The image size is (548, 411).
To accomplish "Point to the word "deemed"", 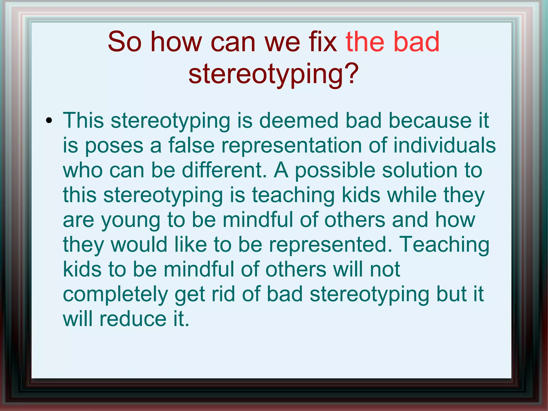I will (299, 120).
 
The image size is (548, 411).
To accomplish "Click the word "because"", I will (430, 120).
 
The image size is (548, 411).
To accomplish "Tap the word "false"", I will (191, 145).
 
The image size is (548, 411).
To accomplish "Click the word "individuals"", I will (444, 145).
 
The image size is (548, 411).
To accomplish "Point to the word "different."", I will (224, 170).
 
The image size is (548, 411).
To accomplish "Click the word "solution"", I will (419, 170).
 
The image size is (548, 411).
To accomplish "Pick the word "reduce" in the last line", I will (133, 319).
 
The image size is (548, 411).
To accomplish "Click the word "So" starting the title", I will (124, 42).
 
